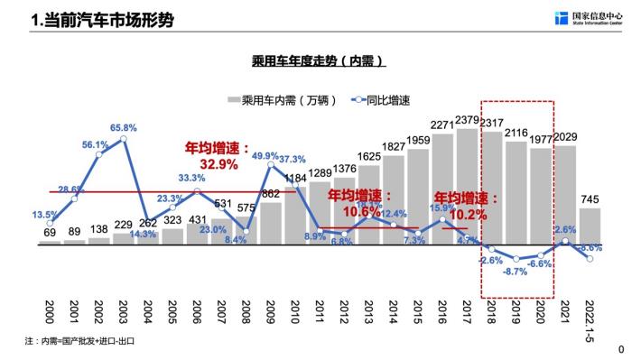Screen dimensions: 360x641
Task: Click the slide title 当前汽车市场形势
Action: coord(102,19)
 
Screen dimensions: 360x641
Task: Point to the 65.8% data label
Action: coord(124,128)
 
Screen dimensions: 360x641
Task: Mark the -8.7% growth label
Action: coord(516,271)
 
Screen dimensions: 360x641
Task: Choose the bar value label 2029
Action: coord(565,136)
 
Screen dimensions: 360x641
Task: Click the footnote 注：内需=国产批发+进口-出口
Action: coord(82,342)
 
